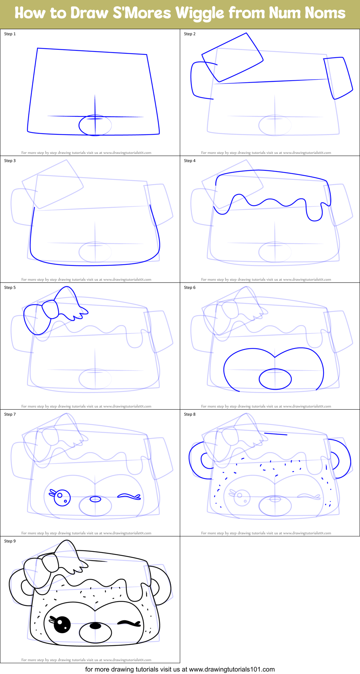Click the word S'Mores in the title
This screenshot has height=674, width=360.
coord(142,13)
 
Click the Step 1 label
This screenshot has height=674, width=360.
coord(10,34)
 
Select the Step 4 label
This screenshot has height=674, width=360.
coord(190,161)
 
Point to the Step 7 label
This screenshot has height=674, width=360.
coord(10,414)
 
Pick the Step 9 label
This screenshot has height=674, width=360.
coord(10,541)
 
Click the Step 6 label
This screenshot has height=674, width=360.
coord(190,287)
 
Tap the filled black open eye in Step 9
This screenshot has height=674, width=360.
coord(62,625)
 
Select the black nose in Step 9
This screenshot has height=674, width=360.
coord(95,626)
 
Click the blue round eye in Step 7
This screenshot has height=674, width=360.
coord(62,497)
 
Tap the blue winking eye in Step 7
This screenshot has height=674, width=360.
coord(129,497)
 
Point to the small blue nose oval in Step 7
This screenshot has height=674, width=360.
coord(95,499)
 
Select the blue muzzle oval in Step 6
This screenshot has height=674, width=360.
coord(275,379)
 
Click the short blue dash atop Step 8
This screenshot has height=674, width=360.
coord(276,434)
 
